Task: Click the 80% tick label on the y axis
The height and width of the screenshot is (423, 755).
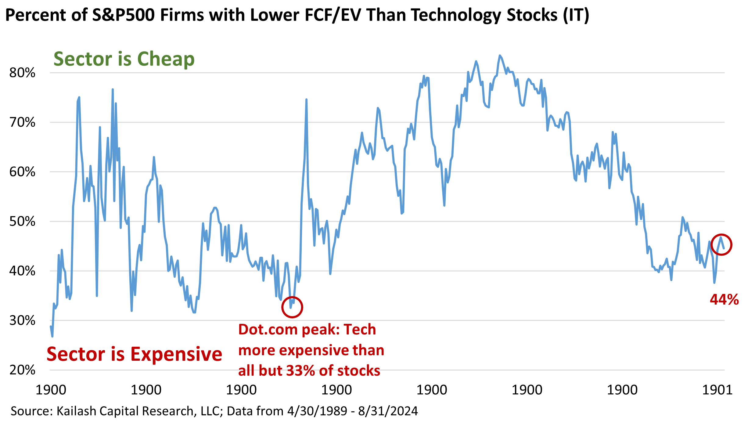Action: point(22,73)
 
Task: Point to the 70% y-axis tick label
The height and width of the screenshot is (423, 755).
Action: point(22,122)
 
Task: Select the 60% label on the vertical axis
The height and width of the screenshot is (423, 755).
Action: point(22,172)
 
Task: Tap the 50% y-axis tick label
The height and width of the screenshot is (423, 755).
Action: point(22,222)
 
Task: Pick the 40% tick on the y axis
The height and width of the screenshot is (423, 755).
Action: point(22,271)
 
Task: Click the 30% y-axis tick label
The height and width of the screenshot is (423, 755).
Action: point(22,320)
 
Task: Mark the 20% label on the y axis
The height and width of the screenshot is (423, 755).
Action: point(22,370)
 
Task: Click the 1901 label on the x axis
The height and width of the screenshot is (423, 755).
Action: point(717,390)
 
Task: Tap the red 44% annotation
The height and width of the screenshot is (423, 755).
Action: point(724,299)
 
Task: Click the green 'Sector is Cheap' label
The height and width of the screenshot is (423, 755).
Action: point(124,59)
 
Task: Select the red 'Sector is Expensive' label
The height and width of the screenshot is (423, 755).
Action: point(134,354)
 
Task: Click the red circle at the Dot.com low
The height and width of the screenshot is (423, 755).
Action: point(292,307)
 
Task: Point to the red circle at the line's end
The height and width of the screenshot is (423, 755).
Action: point(722,244)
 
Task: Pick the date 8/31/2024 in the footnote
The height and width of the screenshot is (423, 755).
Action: point(388,411)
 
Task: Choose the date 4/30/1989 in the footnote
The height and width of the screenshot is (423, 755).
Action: point(317,411)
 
